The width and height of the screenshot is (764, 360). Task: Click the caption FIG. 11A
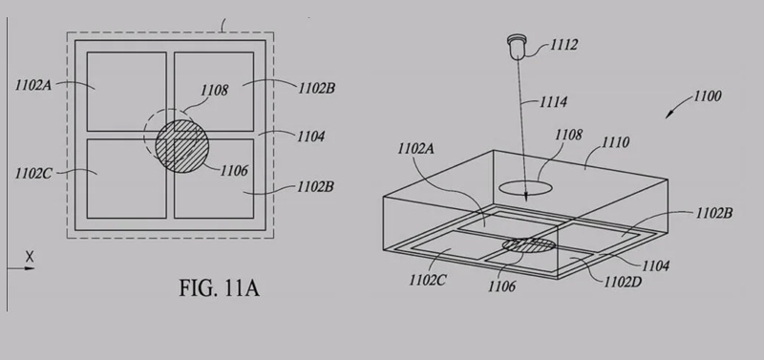220,288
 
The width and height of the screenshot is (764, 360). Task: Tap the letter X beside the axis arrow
30,256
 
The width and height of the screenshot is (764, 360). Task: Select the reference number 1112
564,45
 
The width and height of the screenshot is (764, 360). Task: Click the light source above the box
517,47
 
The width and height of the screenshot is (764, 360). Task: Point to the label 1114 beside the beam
554,102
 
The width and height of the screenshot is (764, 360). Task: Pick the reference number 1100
707,95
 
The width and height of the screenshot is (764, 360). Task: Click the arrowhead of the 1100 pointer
669,115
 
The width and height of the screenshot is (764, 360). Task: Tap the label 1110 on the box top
615,142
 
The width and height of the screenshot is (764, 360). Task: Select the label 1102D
623,282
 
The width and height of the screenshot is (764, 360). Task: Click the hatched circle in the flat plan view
182,146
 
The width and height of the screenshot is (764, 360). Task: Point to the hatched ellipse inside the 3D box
529,245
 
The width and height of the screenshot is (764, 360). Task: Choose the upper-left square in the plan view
127,92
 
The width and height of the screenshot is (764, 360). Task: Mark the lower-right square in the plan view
214,179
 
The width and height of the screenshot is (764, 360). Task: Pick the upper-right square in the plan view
214,92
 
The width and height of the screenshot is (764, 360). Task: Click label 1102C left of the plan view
33,174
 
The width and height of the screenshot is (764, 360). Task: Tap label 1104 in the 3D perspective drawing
655,266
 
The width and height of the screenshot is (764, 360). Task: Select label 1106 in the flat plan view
234,171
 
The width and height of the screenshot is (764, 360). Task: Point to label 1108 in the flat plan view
214,91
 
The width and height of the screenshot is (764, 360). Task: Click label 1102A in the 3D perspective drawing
415,149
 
